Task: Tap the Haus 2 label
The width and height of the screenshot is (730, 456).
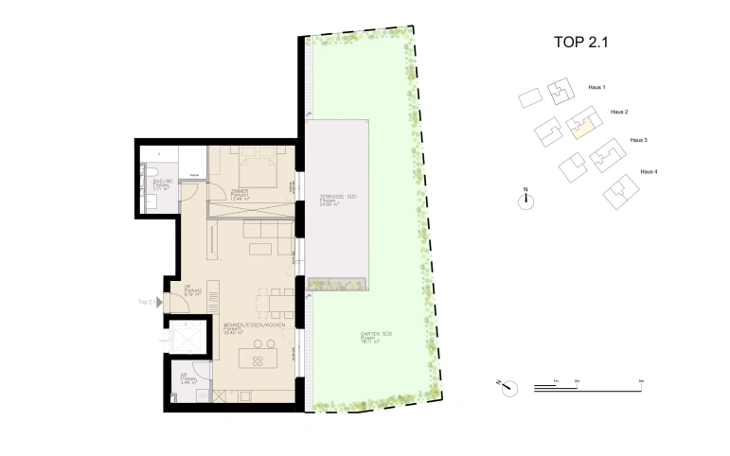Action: (x=619, y=112)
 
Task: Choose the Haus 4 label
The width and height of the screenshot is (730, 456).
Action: (x=649, y=171)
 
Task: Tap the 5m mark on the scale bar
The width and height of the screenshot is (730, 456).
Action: (x=641, y=379)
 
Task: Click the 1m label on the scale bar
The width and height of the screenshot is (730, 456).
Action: (x=557, y=379)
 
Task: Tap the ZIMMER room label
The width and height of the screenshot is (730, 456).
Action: (x=240, y=193)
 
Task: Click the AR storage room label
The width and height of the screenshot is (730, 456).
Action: (x=184, y=376)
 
